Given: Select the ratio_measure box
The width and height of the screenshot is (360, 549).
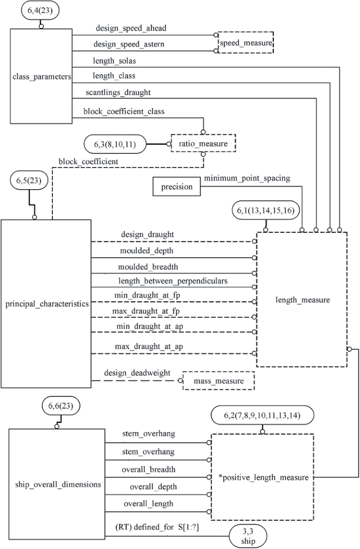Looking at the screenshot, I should [203, 144].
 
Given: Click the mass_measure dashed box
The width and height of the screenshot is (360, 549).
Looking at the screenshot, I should [219, 381].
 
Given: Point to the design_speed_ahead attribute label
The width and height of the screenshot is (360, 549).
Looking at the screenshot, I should [131, 28].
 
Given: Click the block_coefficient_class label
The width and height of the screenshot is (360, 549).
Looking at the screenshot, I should [124, 111].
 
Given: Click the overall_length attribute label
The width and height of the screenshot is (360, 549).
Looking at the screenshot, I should [148, 504].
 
